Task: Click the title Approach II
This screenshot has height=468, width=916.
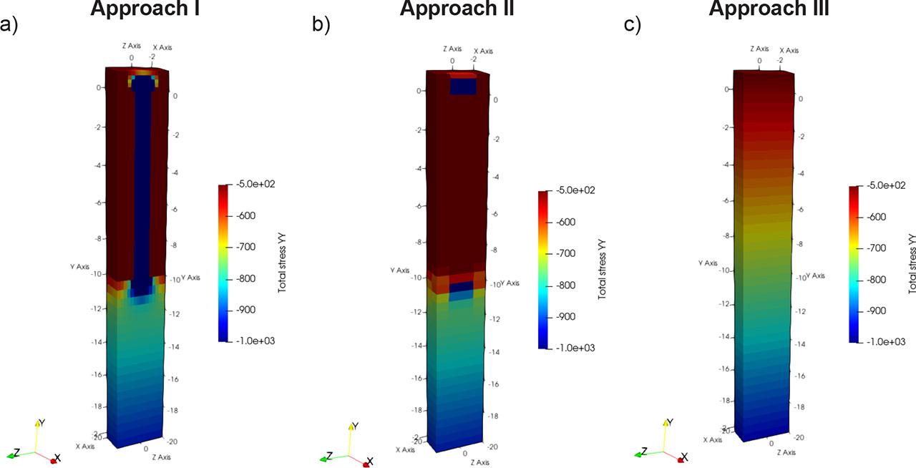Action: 457,9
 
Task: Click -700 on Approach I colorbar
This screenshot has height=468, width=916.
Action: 250,247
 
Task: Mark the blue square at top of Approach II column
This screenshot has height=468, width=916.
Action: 463,87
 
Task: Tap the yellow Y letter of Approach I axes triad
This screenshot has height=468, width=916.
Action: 42,422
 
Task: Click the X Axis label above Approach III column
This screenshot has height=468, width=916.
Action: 790,50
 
